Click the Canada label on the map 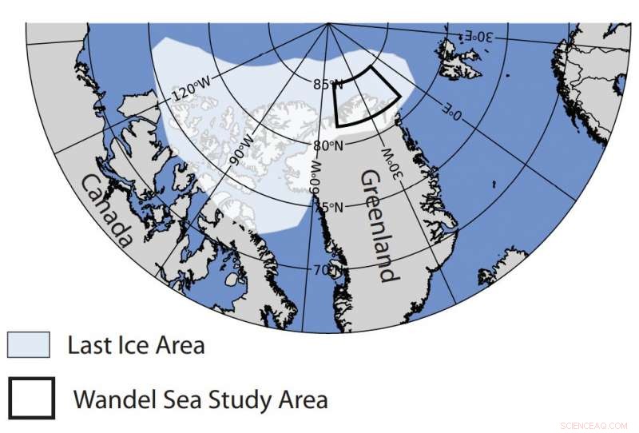click(106, 210)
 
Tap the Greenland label click(376, 225)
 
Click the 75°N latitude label click(327, 207)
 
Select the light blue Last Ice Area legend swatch click(28, 345)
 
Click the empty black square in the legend click(32, 397)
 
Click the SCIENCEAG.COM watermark click(595, 423)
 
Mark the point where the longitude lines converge click(329, 24)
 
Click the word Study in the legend click(223, 398)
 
